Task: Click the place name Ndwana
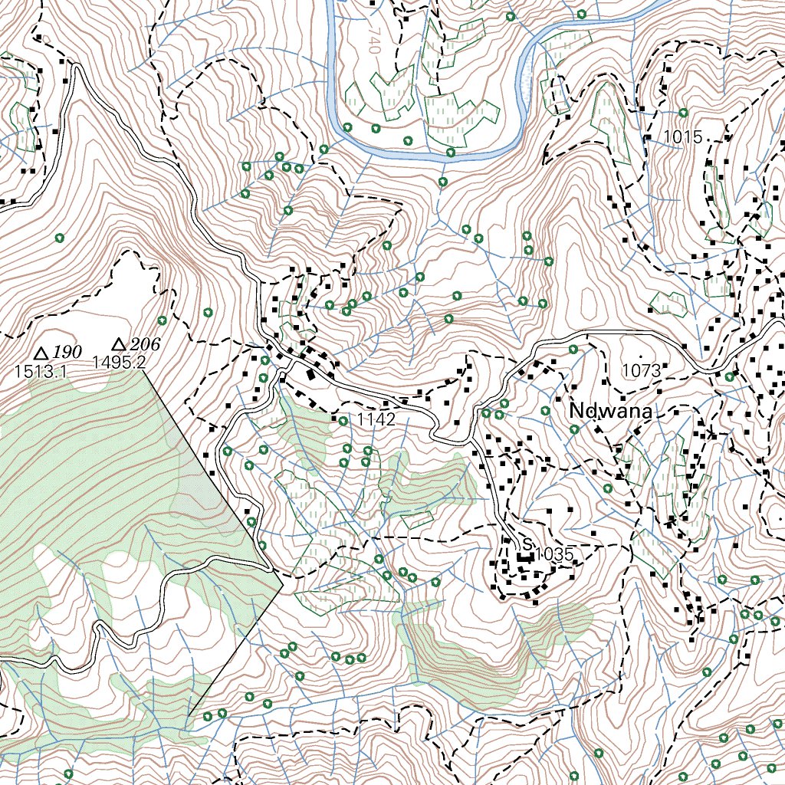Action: pyautogui.click(x=610, y=412)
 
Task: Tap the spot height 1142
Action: pyautogui.click(x=376, y=419)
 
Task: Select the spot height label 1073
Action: pyautogui.click(x=641, y=371)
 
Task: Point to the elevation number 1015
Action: pyautogui.click(x=682, y=137)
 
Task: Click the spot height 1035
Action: pyautogui.click(x=554, y=553)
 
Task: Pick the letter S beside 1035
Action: pyautogui.click(x=526, y=544)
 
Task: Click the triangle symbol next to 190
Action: pyautogui.click(x=42, y=353)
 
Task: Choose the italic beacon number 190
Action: pyautogui.click(x=67, y=352)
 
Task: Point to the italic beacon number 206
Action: pyautogui.click(x=145, y=344)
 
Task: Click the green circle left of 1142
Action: pyautogui.click(x=343, y=421)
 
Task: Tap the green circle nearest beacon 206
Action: pyautogui.click(x=162, y=320)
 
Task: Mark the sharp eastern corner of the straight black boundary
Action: pyautogui.click(x=283, y=584)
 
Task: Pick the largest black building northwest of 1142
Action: pyautogui.click(x=310, y=375)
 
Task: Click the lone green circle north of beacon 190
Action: pyautogui.click(x=59, y=238)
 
